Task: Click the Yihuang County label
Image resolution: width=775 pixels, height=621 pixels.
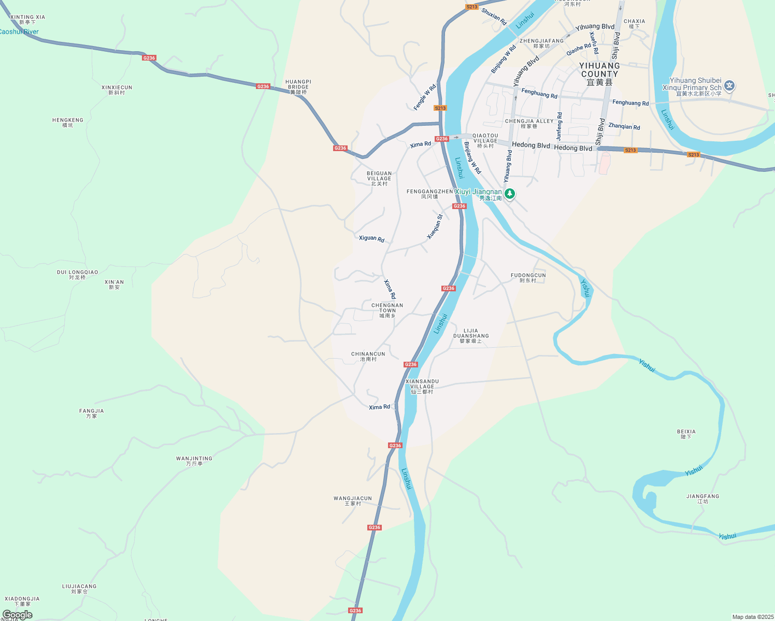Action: click(599, 73)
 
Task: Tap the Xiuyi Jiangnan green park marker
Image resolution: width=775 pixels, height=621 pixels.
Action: click(510, 194)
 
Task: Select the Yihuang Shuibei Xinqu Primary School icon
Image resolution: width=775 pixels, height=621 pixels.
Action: click(729, 85)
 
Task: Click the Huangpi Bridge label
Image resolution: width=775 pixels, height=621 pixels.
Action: click(298, 87)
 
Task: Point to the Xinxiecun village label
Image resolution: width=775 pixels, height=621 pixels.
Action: click(117, 90)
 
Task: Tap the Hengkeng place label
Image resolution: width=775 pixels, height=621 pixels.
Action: click(68, 122)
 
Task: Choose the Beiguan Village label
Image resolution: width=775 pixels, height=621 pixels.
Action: click(379, 179)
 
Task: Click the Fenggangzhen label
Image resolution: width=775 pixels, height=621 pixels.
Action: click(429, 194)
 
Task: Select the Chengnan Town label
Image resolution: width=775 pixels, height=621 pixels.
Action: click(387, 310)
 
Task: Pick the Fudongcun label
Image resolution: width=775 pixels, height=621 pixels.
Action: click(528, 278)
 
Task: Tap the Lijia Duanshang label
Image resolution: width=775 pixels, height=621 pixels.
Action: click(471, 336)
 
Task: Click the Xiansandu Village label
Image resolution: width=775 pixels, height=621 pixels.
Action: click(422, 387)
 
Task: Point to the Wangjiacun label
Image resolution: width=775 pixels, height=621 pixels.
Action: click(353, 501)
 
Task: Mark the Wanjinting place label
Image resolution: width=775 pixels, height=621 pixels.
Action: click(194, 461)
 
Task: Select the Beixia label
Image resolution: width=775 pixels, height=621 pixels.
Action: click(686, 434)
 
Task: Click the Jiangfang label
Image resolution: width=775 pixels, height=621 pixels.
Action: click(702, 499)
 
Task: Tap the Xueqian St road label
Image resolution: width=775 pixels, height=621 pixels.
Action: click(435, 227)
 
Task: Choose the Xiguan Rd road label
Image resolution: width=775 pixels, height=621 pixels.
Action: click(371, 239)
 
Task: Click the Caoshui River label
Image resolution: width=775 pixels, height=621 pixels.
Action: click(19, 32)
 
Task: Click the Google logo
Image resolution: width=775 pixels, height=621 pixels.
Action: click(18, 615)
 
